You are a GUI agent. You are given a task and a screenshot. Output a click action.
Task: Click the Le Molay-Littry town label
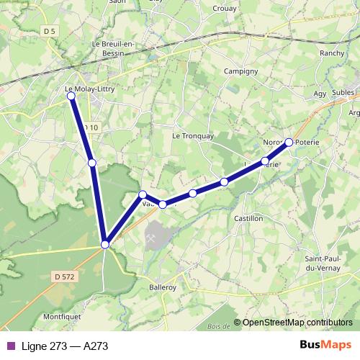(x=89, y=90)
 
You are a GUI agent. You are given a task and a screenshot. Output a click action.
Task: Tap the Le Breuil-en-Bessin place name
(x=117, y=48)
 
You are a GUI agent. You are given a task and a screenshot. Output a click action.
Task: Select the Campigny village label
(x=240, y=72)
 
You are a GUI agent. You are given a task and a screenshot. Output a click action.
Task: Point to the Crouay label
(x=226, y=9)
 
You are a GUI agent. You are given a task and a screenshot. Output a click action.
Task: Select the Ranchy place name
(x=332, y=53)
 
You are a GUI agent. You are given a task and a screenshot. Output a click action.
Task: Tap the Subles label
(x=343, y=92)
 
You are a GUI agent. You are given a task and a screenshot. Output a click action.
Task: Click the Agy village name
(x=320, y=94)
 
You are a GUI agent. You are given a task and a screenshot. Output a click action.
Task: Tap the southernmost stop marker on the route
(x=105, y=245)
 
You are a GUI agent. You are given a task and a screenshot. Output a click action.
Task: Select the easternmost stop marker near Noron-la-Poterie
(x=289, y=143)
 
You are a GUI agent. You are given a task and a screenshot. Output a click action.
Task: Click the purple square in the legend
(x=9, y=346)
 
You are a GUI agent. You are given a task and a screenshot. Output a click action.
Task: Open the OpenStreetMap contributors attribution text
(x=297, y=323)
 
